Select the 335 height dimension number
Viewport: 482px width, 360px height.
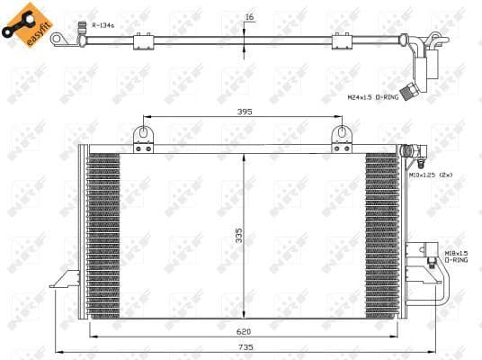[238, 236]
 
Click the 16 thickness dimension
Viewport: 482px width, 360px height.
[249, 16]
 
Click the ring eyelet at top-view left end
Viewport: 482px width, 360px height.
[58, 39]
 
